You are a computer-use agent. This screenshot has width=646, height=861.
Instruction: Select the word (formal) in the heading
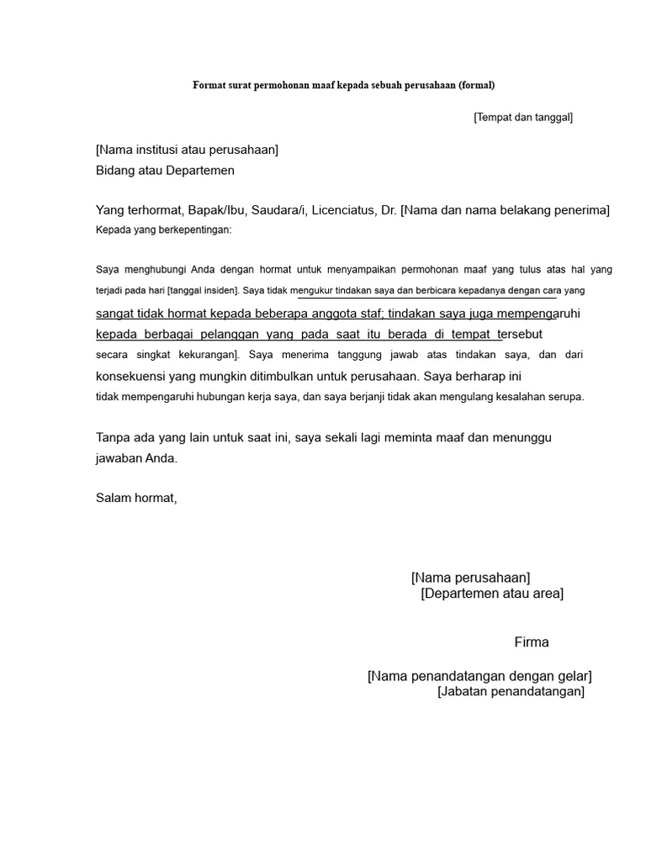coord(478,85)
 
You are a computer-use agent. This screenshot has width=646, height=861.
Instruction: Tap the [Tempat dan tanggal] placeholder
coord(522,117)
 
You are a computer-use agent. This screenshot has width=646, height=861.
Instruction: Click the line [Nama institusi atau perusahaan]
coord(187,150)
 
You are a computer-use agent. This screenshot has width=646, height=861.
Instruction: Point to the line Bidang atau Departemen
coord(165,171)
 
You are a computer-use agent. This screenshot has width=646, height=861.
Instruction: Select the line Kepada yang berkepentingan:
coord(163,229)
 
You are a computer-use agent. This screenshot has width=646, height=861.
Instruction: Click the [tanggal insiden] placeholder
coord(203,291)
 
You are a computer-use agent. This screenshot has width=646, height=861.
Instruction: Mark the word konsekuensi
coord(135,377)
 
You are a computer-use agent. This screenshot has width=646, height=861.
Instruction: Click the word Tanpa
coord(114,438)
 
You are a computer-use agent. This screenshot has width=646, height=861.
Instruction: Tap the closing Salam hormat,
coord(136,499)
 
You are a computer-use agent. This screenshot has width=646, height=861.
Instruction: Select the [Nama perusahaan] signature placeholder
coord(470,578)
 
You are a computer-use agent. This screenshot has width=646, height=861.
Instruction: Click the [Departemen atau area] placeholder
coord(492,594)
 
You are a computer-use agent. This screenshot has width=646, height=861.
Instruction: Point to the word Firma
coord(532,642)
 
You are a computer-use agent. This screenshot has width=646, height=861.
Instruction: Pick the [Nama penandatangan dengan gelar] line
coord(479,676)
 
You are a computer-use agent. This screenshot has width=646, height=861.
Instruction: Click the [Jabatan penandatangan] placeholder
coord(511,691)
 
